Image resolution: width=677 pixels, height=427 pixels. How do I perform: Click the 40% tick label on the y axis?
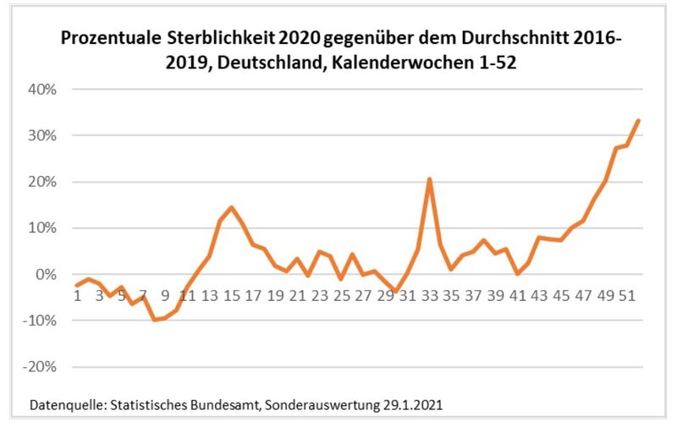point(38,90)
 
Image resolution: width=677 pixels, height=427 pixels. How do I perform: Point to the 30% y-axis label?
point(38,136)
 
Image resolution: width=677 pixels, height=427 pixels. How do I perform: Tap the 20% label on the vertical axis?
point(38,183)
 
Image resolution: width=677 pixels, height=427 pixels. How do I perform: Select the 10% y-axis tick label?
point(38,228)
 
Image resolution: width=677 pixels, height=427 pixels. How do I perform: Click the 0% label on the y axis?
point(42,275)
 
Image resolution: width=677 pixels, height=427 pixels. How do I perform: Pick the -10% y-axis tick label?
point(36,321)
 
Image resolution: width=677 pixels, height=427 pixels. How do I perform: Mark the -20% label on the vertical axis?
point(36,368)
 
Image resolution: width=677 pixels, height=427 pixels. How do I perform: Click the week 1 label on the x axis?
point(77,296)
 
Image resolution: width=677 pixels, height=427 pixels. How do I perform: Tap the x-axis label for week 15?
point(230,296)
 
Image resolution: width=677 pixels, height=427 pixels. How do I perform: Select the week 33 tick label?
point(429,296)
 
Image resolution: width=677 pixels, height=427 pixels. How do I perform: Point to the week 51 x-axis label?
point(627,296)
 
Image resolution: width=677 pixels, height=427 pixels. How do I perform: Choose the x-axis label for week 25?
point(341,296)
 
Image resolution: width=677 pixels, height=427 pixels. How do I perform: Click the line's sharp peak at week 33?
point(430,179)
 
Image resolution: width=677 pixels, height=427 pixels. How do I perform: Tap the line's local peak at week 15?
point(231,207)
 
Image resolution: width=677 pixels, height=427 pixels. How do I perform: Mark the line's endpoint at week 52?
point(639,120)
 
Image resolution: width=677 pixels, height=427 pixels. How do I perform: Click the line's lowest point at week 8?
point(154,320)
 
